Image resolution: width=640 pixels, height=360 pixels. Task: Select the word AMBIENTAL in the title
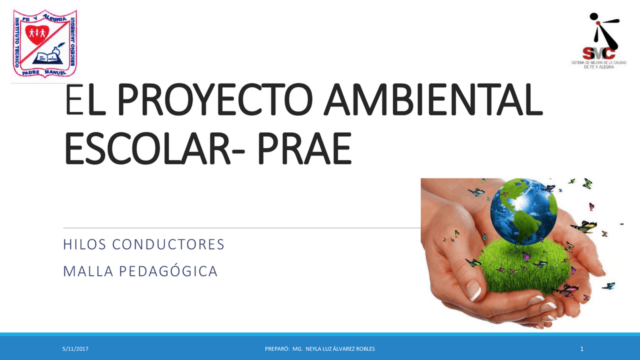[433, 102]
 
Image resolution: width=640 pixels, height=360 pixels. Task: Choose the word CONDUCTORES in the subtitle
[168, 245]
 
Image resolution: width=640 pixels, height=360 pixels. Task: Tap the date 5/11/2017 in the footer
[72, 348]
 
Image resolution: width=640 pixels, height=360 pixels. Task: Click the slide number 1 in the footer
[581, 348]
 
